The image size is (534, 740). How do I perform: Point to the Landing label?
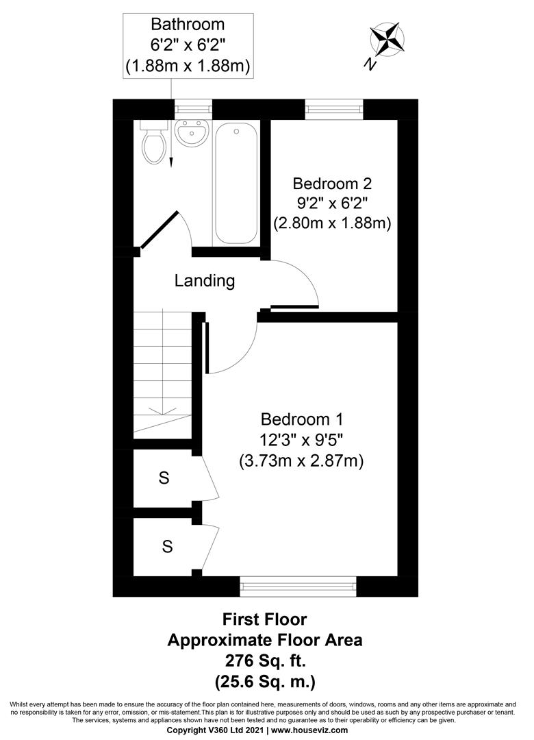click(x=205, y=280)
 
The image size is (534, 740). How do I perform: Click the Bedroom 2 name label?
click(x=332, y=184)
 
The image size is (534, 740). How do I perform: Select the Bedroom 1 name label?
click(x=301, y=419)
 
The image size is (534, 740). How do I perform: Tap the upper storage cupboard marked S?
click(x=164, y=478)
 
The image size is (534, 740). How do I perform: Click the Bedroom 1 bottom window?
click(x=298, y=587)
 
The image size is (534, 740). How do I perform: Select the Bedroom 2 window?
click(x=333, y=108)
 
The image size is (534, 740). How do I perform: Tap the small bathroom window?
click(x=192, y=108)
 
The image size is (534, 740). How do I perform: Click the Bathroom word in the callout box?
click(x=188, y=25)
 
